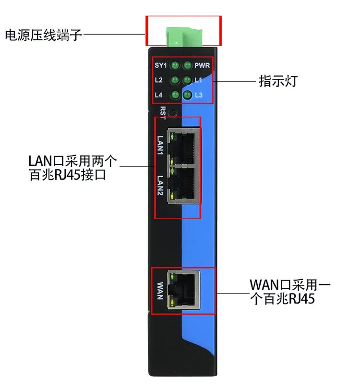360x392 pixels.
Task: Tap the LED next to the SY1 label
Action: (x=175, y=65)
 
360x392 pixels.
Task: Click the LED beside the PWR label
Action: (x=188, y=65)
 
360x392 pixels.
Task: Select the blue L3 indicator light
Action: (x=188, y=95)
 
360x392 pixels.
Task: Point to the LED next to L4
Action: (x=175, y=95)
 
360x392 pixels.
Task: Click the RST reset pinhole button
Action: (x=173, y=112)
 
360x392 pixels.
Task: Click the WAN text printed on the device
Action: (x=160, y=290)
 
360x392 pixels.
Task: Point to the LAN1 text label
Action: (x=161, y=145)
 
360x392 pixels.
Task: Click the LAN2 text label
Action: (x=161, y=185)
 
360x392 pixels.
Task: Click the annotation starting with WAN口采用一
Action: (x=290, y=284)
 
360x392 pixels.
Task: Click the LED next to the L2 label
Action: (x=175, y=80)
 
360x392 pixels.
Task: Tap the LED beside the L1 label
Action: (x=188, y=80)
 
